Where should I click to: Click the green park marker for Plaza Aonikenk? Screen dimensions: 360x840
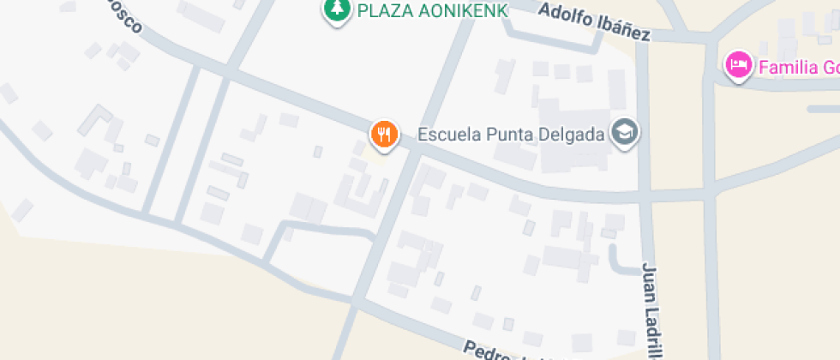pos(336,9)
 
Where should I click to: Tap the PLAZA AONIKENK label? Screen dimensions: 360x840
pos(432,10)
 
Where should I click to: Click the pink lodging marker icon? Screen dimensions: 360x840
pos(738,64)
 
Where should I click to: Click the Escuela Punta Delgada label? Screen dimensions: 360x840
pos(510,135)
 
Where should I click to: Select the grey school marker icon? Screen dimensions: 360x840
pos(625,132)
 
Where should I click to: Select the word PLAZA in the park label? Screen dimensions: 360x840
pos(381,10)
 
